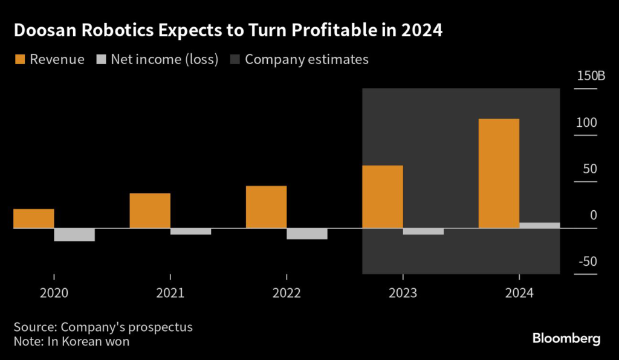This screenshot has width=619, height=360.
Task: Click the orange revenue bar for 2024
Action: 499,173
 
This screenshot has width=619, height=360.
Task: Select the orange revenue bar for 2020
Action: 34,219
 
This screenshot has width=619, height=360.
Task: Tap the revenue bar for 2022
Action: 266,207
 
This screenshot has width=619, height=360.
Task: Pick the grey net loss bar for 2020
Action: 74,234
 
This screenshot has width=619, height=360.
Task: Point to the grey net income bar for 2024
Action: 539,225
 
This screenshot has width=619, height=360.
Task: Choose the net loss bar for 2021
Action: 190,231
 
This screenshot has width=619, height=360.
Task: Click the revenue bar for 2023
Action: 382,197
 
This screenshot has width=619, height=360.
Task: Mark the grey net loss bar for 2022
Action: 307,234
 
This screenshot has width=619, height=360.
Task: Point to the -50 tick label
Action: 586,262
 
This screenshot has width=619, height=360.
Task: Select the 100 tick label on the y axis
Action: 586,123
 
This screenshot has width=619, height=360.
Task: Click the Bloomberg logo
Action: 566,338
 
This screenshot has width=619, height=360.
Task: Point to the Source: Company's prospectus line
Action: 103,327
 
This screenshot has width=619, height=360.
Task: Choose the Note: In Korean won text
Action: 71,341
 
